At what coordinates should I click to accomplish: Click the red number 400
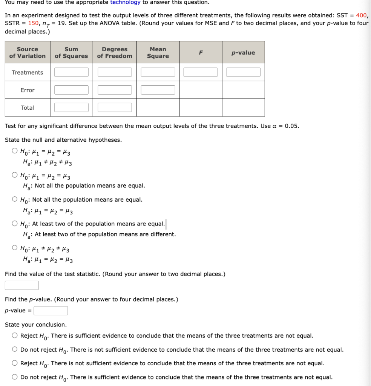tap(361, 15)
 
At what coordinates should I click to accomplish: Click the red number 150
tap(34, 23)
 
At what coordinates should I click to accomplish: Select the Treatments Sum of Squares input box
tap(71, 72)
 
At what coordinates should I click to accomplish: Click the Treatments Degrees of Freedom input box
tap(115, 72)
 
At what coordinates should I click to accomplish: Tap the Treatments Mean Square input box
tap(158, 72)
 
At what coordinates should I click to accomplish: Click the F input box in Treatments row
tap(201, 72)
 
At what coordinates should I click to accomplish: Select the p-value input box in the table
tap(243, 72)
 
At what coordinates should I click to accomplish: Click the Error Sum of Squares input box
tap(71, 90)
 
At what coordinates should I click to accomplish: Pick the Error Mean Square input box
tap(158, 90)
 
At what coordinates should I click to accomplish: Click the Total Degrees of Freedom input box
tap(115, 107)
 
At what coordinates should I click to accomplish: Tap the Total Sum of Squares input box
tap(71, 107)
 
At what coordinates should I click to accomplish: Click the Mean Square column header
tap(158, 52)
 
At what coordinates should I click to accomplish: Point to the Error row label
tap(27, 90)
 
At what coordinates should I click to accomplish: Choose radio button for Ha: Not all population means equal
tap(14, 175)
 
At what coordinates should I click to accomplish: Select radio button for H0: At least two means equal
tap(14, 224)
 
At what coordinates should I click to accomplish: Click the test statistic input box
tap(22, 285)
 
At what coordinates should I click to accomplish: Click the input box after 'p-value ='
tap(51, 311)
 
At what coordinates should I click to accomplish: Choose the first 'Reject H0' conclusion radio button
tap(14, 335)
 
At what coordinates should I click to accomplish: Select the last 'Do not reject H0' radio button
tap(14, 377)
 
